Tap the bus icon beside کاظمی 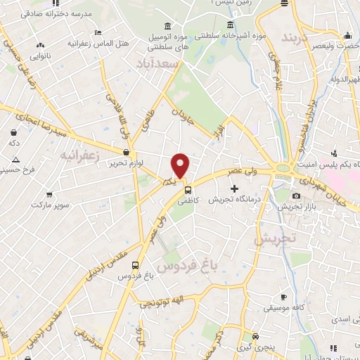187,189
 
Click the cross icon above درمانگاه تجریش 235,189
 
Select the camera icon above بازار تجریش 296,195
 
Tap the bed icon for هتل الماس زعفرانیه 97,33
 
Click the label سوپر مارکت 50,205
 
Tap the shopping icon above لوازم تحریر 126,151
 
